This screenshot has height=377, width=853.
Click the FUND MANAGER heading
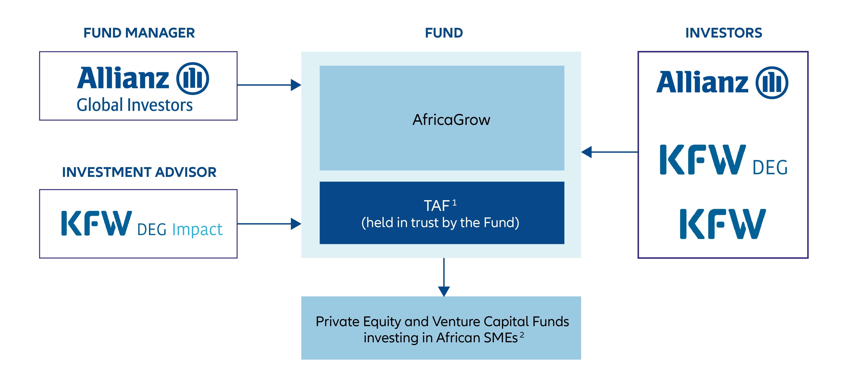coord(139,33)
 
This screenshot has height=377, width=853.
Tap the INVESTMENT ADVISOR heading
coord(139,172)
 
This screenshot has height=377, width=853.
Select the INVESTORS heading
coord(724,33)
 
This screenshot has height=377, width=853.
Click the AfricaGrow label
coord(451,120)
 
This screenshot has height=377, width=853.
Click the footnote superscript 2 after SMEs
coord(522,335)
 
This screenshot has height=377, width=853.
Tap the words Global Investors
coord(135,105)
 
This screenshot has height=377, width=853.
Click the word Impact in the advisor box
coord(197,229)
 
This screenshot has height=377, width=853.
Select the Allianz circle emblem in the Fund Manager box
coord(192,79)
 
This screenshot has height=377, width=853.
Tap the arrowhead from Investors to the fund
coord(586,152)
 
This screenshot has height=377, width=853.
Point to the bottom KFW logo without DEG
coord(723,224)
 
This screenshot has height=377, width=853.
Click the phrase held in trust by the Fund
coord(440,223)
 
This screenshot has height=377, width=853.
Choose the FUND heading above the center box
coord(444,33)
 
